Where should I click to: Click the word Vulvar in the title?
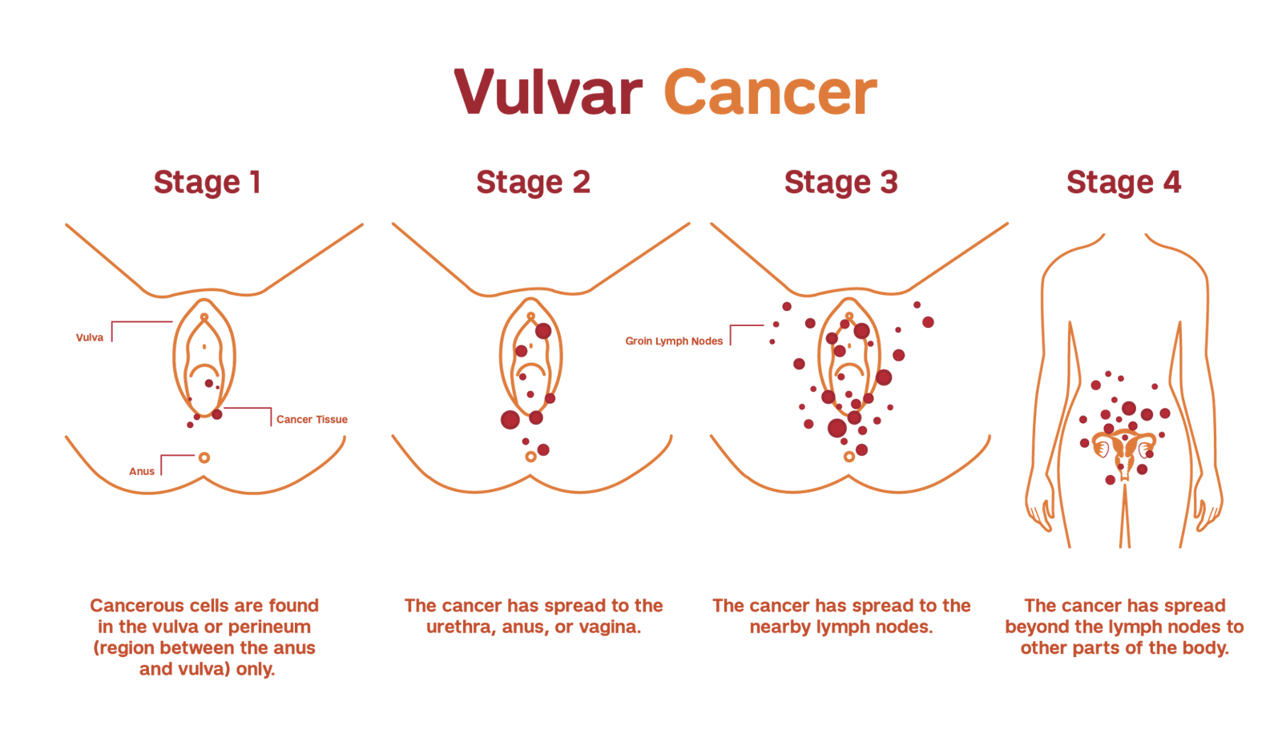coord(548,93)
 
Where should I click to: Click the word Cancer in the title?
coord(770,93)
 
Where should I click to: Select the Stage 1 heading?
coord(208,183)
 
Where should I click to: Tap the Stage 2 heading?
coord(533,183)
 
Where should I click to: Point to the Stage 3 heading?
coord(841,183)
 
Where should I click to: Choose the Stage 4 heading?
coord(1123,183)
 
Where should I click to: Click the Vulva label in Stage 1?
coord(90,337)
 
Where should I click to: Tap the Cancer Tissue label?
coord(312,420)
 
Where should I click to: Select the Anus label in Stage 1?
coord(142,471)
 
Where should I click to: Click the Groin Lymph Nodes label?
coord(675,341)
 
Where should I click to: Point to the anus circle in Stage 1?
coord(204,458)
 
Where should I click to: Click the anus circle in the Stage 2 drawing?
coord(530,457)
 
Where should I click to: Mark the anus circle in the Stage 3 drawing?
coord(849,457)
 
